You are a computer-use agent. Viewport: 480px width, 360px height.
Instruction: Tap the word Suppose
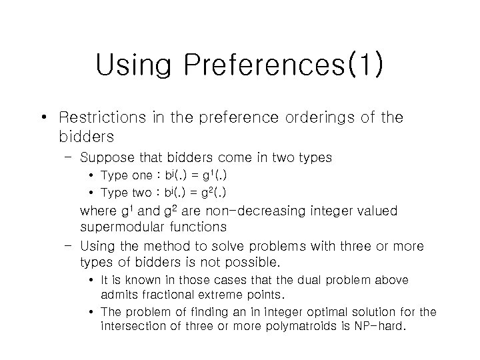(108, 159)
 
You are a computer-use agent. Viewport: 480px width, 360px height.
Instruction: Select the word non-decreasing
(241, 212)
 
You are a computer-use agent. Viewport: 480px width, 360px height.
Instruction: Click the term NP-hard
(375, 326)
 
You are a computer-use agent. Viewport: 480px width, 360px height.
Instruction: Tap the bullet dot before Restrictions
(43, 118)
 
